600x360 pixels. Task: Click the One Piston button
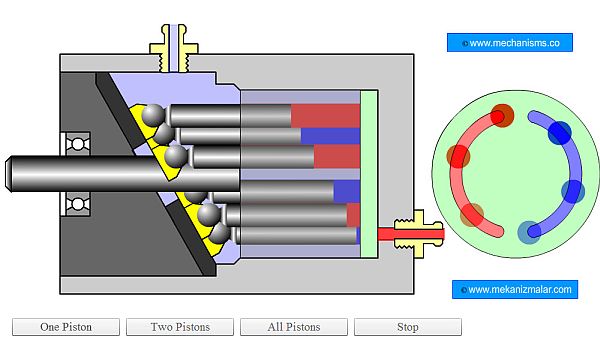(66, 327)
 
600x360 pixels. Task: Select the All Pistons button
(294, 327)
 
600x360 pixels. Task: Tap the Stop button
(408, 327)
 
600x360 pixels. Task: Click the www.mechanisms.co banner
(510, 42)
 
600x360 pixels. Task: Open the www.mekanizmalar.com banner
(515, 289)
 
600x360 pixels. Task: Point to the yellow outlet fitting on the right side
(418, 233)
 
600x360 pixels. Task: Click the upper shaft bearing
(78, 144)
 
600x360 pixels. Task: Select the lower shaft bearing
(78, 204)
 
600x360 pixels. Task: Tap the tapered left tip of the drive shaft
(8, 174)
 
